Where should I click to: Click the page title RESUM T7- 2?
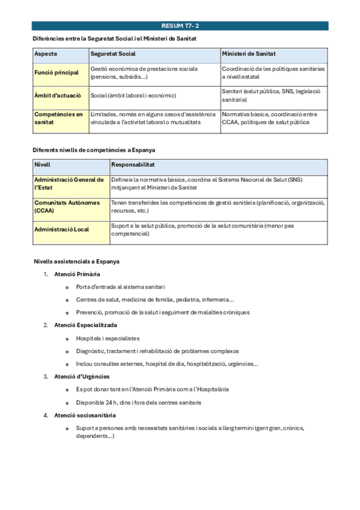tap(180, 26)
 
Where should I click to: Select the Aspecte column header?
tap(46, 54)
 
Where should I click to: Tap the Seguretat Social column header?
tap(113, 54)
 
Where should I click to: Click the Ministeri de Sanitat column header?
tap(249, 54)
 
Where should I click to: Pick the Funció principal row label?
tap(56, 73)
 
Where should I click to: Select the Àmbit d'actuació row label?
tap(58, 95)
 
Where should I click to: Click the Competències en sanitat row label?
tap(58, 118)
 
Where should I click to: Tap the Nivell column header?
tap(43, 164)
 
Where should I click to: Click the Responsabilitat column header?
tap(133, 164)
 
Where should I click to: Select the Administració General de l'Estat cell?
tap(69, 183)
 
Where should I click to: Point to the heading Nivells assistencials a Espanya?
tap(77, 262)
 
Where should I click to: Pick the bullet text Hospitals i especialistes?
tap(108, 338)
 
